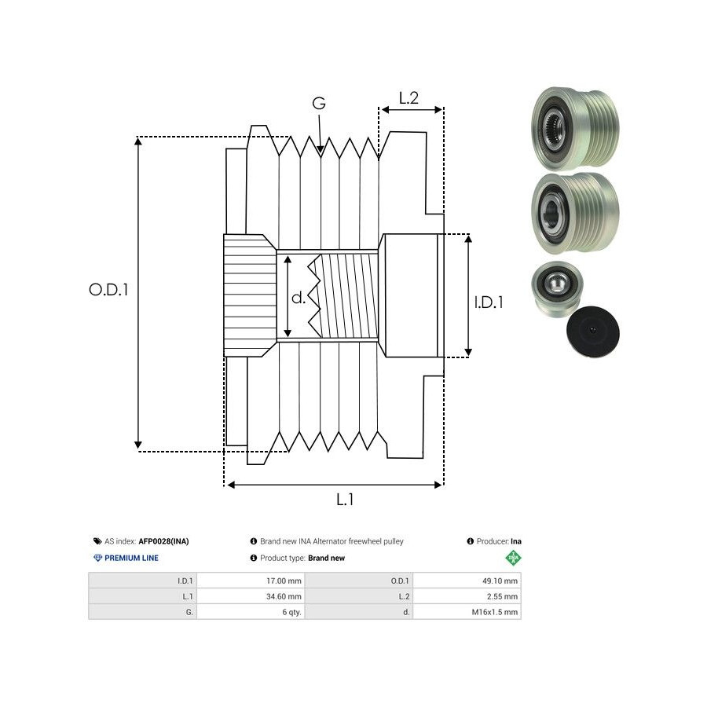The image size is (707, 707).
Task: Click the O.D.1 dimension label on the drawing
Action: coord(108,289)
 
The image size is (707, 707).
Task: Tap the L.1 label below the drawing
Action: coord(345,499)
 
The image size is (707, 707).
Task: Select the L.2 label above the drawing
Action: coord(408,98)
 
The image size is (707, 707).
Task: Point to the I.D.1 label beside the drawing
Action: coord(489,302)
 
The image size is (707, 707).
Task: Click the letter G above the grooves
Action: coord(318,104)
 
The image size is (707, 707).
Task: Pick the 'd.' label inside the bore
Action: coord(299,298)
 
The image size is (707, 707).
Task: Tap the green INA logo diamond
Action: coord(514,558)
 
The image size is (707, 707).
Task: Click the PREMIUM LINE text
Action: coord(132,558)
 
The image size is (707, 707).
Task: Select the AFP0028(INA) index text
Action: coord(163,541)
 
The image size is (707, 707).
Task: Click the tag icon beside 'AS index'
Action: coord(97,541)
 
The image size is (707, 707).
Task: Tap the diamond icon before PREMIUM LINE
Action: coord(97,558)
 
